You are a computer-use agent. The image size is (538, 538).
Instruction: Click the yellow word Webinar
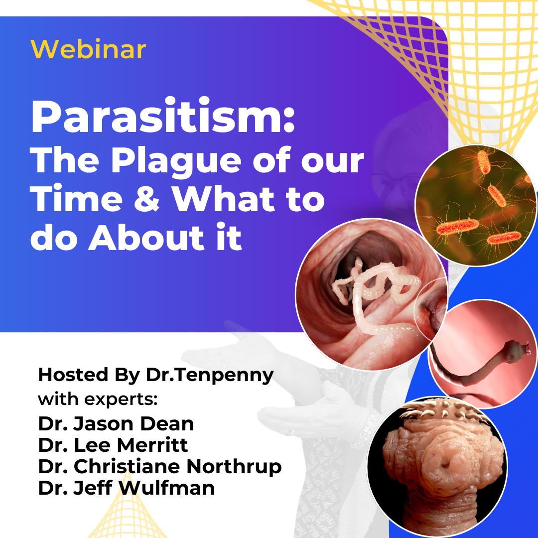[88, 49]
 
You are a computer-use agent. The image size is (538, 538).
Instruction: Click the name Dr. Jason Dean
[116, 424]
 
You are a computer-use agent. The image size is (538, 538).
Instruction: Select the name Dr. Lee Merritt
[113, 445]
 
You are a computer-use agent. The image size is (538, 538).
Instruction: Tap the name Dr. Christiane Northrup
[160, 467]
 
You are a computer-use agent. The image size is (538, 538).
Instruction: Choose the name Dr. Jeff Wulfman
[126, 488]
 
